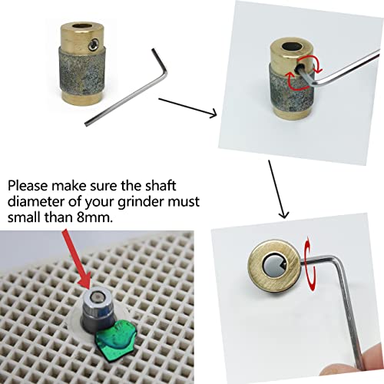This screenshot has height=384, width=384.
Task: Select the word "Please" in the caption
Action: (28, 186)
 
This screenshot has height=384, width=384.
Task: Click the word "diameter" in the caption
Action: (36, 201)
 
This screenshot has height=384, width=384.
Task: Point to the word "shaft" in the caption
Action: (161, 185)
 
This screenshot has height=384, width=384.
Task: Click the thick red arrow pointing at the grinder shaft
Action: (76, 259)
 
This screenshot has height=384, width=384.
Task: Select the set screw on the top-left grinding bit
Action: (94, 45)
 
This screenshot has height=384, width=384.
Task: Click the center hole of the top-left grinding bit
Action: (81, 27)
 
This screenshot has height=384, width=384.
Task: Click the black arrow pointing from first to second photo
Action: (187, 108)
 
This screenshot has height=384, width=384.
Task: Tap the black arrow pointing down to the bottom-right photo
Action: (278, 189)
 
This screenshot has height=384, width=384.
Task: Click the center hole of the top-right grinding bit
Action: (292, 48)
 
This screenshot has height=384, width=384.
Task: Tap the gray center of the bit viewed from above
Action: (273, 265)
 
